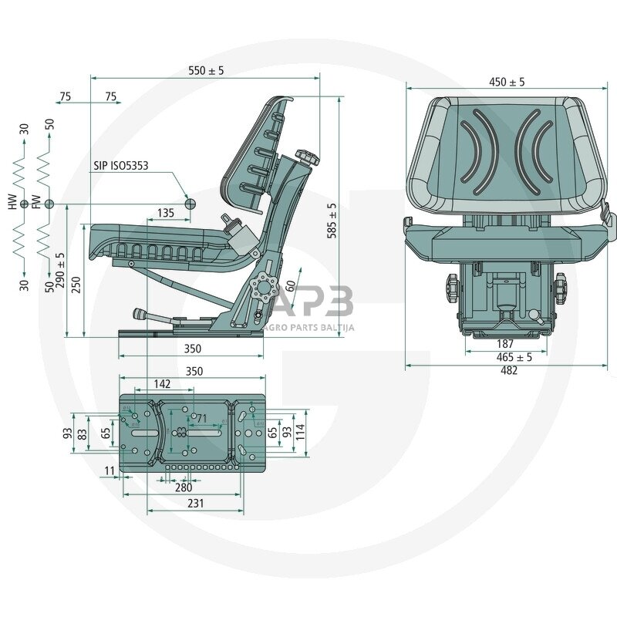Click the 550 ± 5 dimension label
[x=206, y=70]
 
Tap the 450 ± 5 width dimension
[x=507, y=82]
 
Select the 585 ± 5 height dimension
[x=332, y=221]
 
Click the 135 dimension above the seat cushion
[x=165, y=213]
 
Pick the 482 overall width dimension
[x=509, y=370]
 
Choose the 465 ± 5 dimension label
[x=514, y=356]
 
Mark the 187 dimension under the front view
[x=505, y=343]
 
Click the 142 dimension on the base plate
[x=162, y=383]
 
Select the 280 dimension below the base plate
[x=184, y=487]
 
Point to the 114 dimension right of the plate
[x=300, y=433]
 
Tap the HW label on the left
[x=12, y=203]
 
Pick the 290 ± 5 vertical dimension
[x=60, y=269]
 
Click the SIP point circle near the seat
[x=191, y=204]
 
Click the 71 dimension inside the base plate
[x=202, y=419]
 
